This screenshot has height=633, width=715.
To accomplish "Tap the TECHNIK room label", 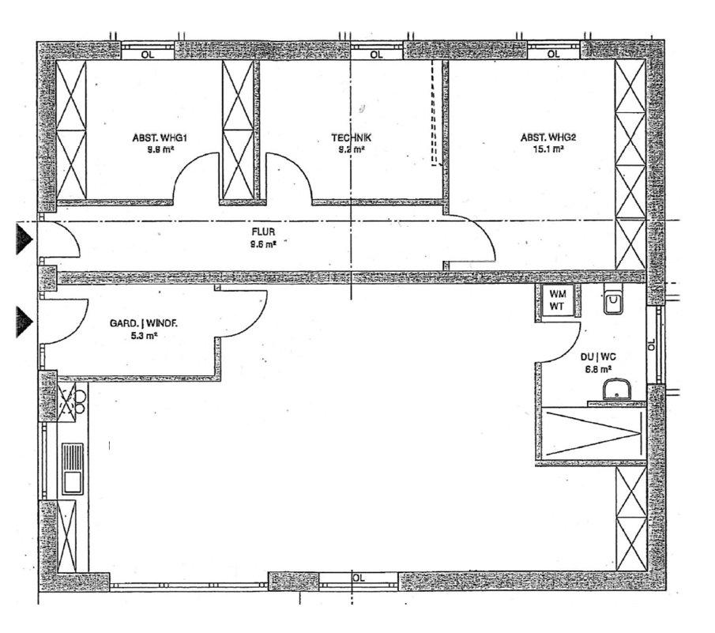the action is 351,138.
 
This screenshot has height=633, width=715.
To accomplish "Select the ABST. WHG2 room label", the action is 548,137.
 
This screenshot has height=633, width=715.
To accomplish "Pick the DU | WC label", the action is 595,357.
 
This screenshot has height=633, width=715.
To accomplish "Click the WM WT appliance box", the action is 557,301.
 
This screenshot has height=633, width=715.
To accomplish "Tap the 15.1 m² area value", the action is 548,148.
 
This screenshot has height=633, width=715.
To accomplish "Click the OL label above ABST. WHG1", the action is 147,55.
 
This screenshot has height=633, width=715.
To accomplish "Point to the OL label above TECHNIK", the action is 376,55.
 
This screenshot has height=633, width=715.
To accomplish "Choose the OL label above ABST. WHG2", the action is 553,55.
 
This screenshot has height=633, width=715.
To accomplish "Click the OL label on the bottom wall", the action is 359,578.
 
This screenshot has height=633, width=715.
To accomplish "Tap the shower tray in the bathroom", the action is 593,432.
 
